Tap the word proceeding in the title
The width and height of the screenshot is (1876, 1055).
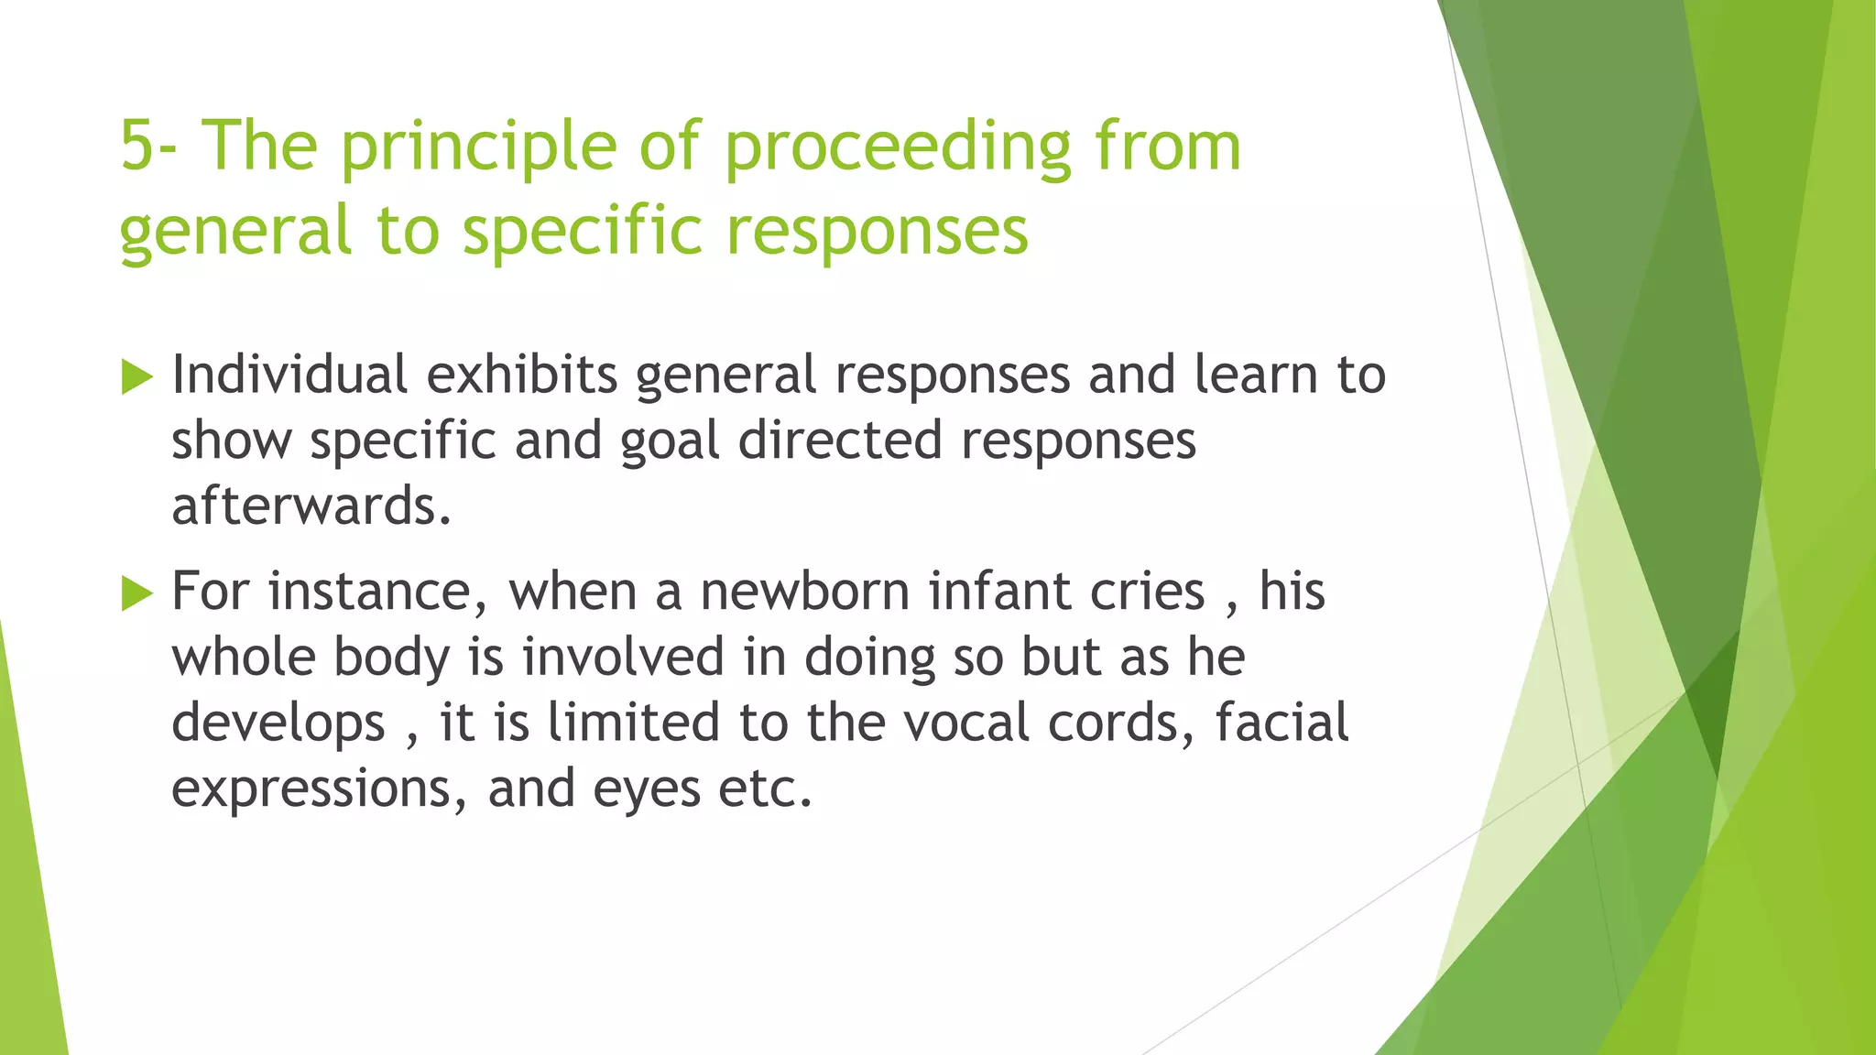(897, 147)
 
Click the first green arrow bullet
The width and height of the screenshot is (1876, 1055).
(136, 377)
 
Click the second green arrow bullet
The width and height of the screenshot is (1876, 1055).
(136, 593)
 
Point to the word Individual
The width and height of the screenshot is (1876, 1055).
(289, 375)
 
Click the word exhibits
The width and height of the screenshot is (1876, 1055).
(522, 375)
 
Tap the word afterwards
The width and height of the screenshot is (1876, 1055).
(311, 506)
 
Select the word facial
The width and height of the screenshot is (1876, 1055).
(1282, 723)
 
